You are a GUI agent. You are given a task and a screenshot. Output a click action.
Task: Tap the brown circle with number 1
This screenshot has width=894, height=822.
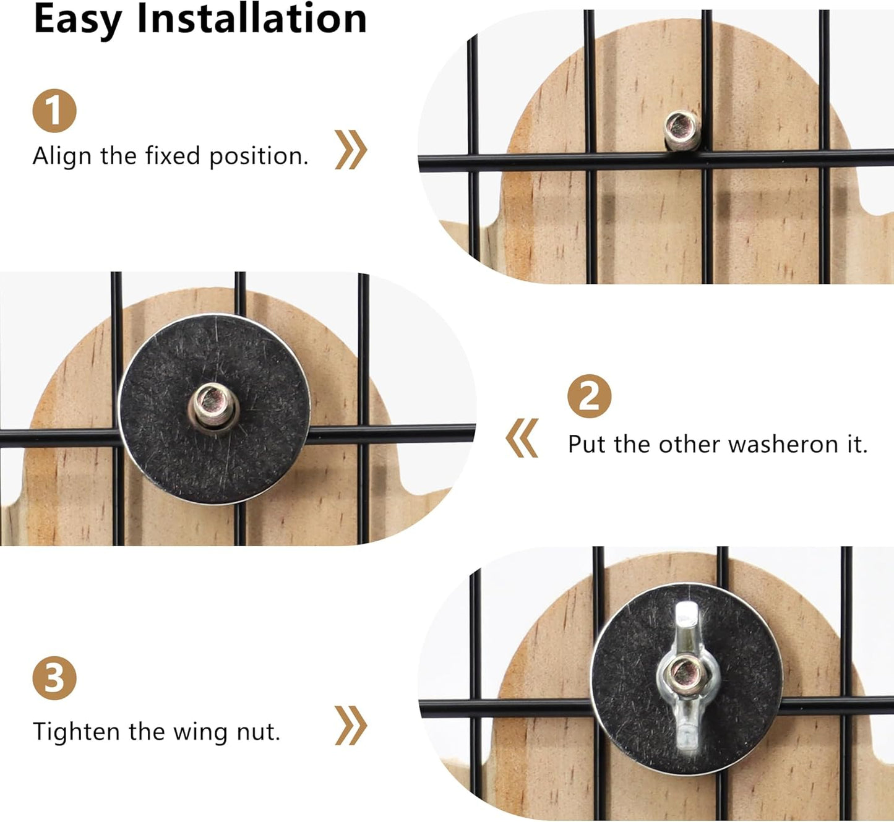[54, 111]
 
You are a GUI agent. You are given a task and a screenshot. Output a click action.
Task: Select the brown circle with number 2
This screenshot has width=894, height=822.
[589, 396]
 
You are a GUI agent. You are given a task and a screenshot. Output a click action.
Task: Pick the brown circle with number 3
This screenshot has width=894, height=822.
[54, 678]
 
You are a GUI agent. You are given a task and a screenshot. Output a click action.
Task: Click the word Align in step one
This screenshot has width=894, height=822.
[62, 157]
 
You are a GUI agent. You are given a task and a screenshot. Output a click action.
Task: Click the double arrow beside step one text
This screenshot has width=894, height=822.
[351, 150]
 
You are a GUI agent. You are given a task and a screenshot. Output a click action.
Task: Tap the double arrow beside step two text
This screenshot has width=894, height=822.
[522, 438]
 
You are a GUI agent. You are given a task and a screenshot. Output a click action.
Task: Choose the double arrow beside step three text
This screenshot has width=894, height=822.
[351, 726]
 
